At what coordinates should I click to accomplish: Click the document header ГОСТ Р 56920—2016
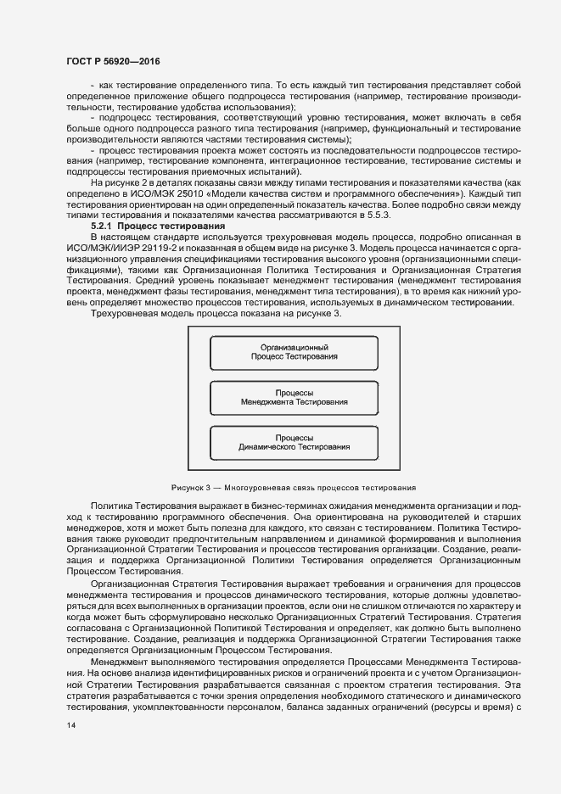[113, 62]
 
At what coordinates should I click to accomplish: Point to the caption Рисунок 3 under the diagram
[293, 488]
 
